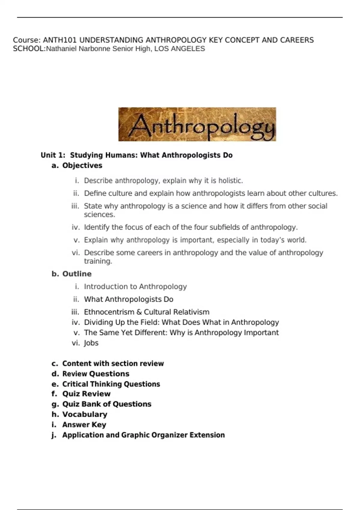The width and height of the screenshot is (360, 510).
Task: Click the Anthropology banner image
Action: coord(197,124)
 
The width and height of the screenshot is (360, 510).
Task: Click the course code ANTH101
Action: coord(60,40)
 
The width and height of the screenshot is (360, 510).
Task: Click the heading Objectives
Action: coord(82,165)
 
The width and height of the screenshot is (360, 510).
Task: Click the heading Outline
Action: coord(77,274)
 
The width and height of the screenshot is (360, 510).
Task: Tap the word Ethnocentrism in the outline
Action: coord(109,312)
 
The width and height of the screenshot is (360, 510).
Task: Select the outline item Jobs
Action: coord(91,343)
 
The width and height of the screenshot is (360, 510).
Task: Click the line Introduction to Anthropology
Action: coord(135,286)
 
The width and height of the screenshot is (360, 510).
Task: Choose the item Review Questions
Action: coord(96,373)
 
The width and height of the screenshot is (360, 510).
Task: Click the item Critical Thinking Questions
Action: coord(111,384)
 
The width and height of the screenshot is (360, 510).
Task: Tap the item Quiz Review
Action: coord(86,394)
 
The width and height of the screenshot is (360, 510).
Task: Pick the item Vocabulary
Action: coord(85,414)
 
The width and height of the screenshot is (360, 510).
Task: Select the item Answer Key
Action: coord(84,424)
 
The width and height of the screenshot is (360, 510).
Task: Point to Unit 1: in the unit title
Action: coord(53,155)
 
